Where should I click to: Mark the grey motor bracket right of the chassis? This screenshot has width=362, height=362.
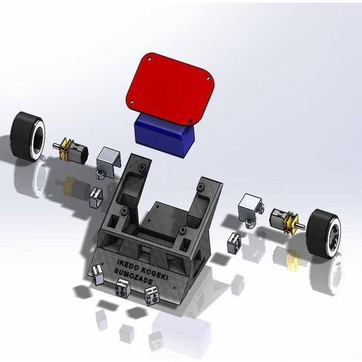(249, 207)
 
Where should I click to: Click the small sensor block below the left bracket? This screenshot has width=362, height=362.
(96, 196)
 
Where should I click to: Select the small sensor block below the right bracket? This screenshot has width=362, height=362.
(234, 242)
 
